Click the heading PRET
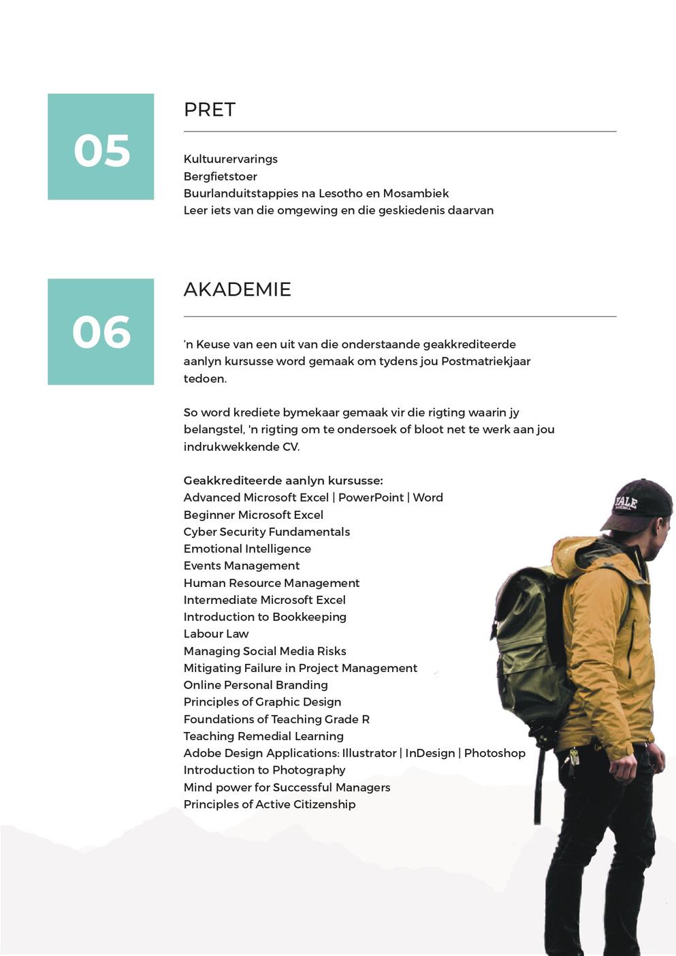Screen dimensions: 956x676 pyautogui.click(x=210, y=110)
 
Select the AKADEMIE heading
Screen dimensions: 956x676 pyautogui.click(x=237, y=289)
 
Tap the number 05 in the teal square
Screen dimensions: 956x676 pyautogui.click(x=101, y=150)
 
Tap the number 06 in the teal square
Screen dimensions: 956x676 pyautogui.click(x=101, y=332)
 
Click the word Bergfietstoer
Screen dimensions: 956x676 pyautogui.click(x=220, y=176)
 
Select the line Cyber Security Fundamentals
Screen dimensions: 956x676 pyautogui.click(x=266, y=532)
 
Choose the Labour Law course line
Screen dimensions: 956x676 pyautogui.click(x=216, y=634)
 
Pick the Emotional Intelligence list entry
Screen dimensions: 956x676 pyautogui.click(x=247, y=549)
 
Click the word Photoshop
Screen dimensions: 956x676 pyautogui.click(x=494, y=753)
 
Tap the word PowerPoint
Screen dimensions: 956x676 pyautogui.click(x=370, y=498)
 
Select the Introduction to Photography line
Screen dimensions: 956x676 pyautogui.click(x=264, y=770)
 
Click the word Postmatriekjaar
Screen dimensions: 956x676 pyautogui.click(x=485, y=362)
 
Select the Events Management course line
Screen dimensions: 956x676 pyautogui.click(x=241, y=566)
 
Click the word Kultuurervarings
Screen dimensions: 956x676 pyautogui.click(x=230, y=159)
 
